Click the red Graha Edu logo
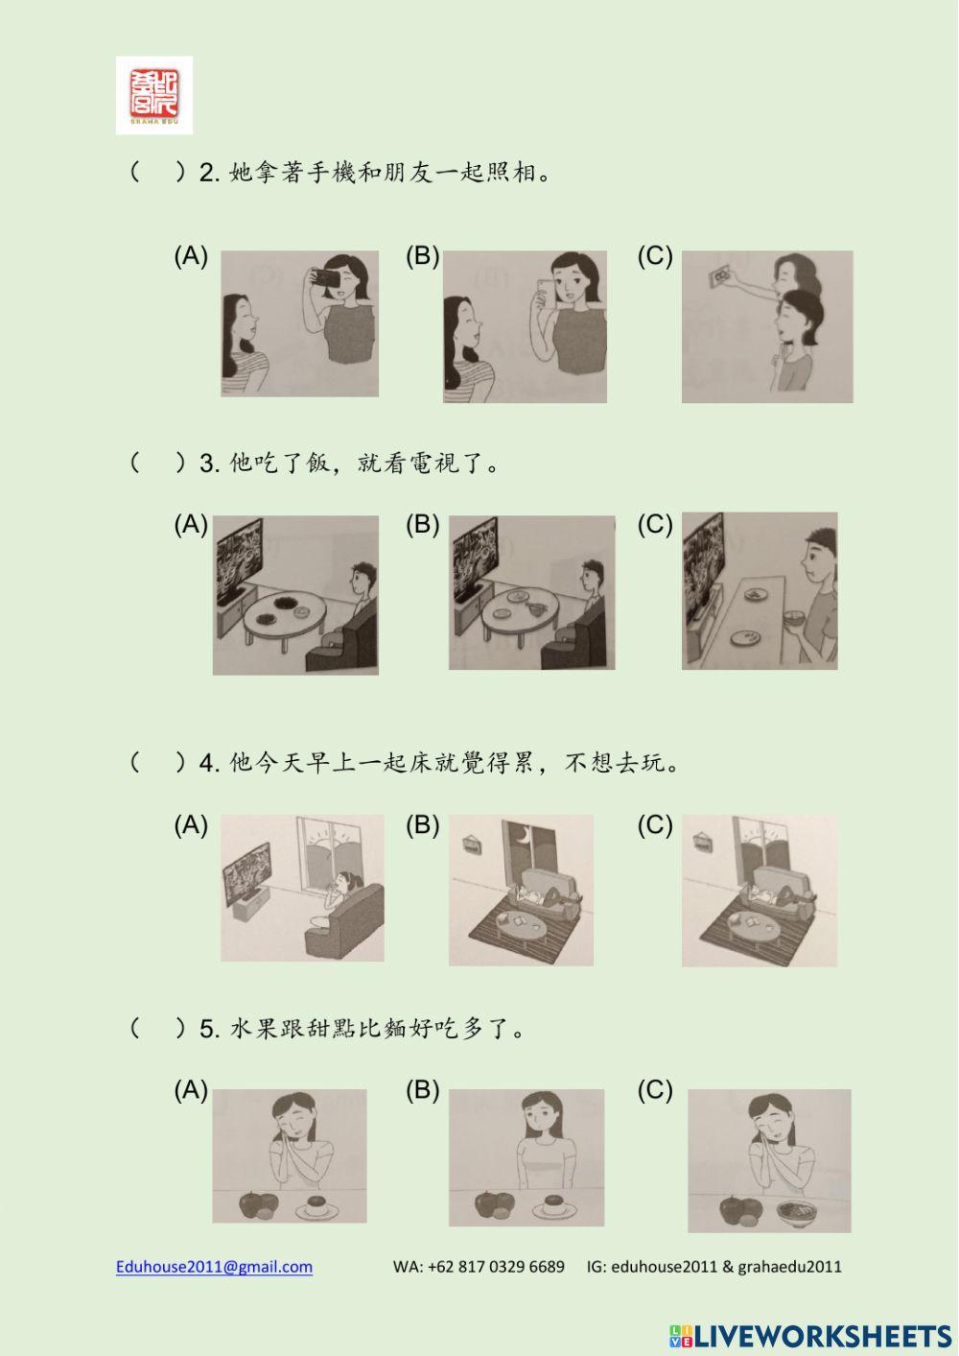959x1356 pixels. (154, 94)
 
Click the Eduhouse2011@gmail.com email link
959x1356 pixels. (214, 1267)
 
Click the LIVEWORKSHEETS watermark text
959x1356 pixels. (823, 1335)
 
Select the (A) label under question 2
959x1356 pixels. (191, 256)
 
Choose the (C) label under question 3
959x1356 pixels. (655, 524)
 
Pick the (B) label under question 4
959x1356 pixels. (422, 825)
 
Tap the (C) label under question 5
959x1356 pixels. (655, 1090)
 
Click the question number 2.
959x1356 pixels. (209, 174)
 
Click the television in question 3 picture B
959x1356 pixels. (476, 556)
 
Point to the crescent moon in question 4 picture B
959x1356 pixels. (526, 831)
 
